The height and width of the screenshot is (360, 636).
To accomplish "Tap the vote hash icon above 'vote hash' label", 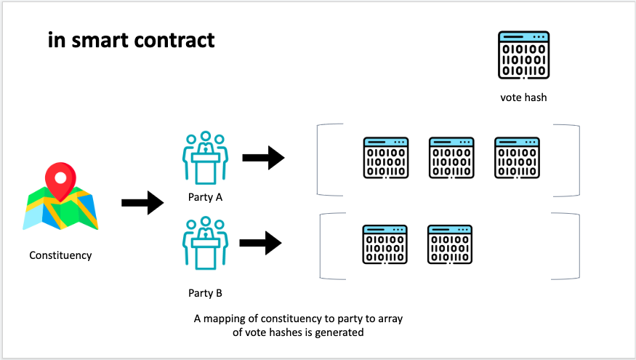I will (x=523, y=55).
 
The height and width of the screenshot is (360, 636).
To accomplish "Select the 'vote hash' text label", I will (x=523, y=97).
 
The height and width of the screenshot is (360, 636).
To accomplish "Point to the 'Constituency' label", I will (x=60, y=255).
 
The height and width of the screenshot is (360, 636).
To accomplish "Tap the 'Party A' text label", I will (x=204, y=198).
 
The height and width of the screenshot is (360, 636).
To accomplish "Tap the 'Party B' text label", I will (x=204, y=294).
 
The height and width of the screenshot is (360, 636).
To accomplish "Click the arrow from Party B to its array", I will (x=259, y=242).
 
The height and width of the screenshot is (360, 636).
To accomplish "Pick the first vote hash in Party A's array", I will (x=385, y=158).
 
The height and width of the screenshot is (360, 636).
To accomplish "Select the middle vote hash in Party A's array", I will (x=451, y=158).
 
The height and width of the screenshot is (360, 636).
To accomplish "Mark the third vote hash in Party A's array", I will (x=517, y=158).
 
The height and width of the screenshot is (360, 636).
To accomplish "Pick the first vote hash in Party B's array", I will (x=385, y=244).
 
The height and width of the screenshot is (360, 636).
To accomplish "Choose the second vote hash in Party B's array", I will (x=450, y=244).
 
